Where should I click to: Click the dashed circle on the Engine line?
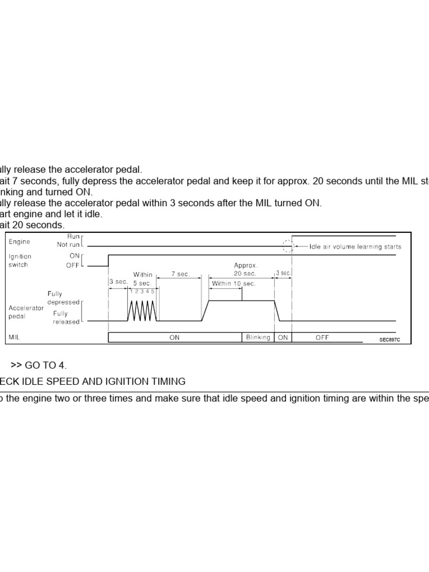click(x=288, y=246)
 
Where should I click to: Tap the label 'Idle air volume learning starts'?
click(x=355, y=246)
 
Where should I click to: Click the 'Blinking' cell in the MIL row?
click(x=258, y=337)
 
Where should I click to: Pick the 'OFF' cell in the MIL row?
click(x=322, y=337)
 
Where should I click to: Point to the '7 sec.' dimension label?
click(x=180, y=274)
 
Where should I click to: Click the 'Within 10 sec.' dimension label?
click(x=233, y=283)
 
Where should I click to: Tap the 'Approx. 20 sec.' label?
click(x=245, y=270)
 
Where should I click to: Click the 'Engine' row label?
click(x=19, y=242)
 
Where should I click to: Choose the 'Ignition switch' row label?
click(x=20, y=261)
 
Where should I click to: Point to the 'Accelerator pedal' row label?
click(x=26, y=312)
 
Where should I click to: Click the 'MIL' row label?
click(x=15, y=337)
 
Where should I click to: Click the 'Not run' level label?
click(x=69, y=245)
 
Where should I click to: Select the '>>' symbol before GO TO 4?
click(x=16, y=365)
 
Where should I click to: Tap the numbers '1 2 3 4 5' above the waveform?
click(x=142, y=292)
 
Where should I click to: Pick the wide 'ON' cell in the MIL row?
click(x=174, y=337)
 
